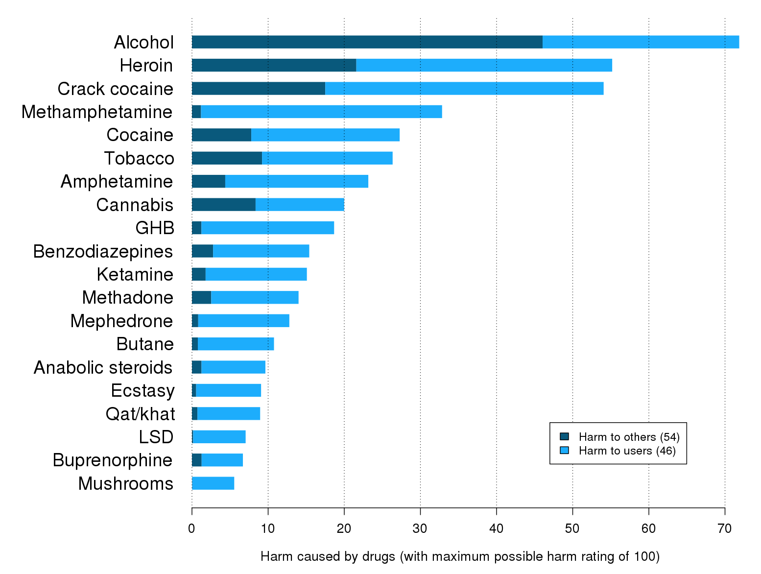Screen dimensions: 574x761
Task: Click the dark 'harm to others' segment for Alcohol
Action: coord(367,42)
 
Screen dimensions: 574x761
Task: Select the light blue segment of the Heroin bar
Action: coord(484,65)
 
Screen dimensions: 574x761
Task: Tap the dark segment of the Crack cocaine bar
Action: coord(259,89)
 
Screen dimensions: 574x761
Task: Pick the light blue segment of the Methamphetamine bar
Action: coord(321,112)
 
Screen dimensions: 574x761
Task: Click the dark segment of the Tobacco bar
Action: coord(227,158)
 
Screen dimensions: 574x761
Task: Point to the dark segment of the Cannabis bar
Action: coord(224,205)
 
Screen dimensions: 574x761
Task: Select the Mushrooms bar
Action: coord(213,483)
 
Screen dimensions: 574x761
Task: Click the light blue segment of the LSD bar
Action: coord(219,437)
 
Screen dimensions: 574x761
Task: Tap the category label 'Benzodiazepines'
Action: coord(103,251)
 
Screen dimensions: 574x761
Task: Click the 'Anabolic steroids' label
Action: coord(103,367)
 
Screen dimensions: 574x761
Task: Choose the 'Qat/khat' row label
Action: coord(140,414)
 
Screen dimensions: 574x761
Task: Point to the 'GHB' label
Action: coord(155,228)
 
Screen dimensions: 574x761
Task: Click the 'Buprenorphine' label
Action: coord(113,460)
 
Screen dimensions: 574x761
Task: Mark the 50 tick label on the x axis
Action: coord(572,528)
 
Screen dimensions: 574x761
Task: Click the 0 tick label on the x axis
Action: coord(192,528)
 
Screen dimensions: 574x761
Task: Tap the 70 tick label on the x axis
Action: coord(725,528)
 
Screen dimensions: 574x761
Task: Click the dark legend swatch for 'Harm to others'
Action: coord(565,436)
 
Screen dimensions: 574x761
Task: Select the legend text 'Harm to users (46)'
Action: coord(627,451)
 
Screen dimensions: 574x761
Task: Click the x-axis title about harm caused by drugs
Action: coord(460,556)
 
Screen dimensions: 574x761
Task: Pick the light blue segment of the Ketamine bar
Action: coord(256,274)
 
